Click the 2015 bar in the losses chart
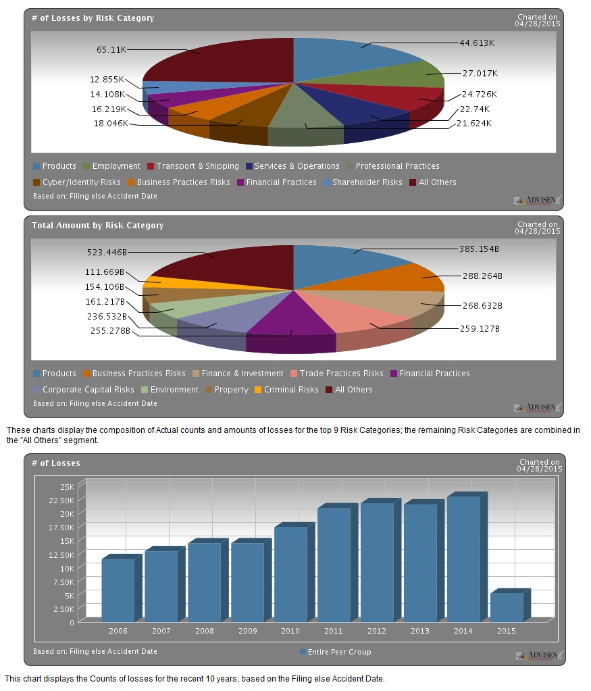tap(507, 607)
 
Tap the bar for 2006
tap(118, 590)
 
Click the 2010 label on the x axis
tap(290, 631)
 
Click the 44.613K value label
tap(478, 43)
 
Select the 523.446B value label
tap(106, 252)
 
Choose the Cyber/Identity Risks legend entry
tap(81, 182)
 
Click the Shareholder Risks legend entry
tap(367, 182)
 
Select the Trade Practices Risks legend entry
tap(341, 374)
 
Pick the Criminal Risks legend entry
tap(290, 390)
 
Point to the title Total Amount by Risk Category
tap(97, 226)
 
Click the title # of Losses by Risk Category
tap(93, 18)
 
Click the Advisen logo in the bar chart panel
tap(537, 655)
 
